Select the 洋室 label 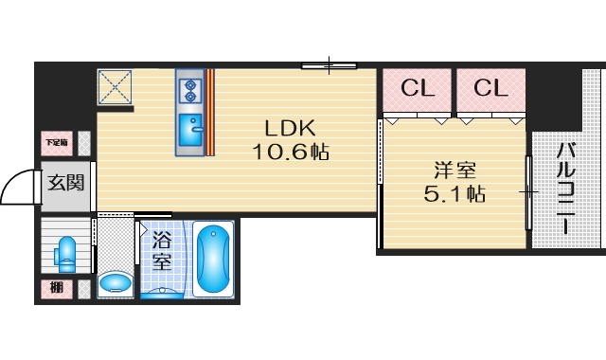[x=454, y=171]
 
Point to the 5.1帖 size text [x=454, y=194]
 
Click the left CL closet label [x=418, y=89]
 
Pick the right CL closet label [x=490, y=89]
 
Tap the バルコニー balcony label [x=565, y=189]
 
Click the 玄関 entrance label [x=65, y=180]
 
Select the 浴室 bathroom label [x=160, y=251]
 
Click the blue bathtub [x=215, y=258]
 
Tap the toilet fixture [x=66, y=252]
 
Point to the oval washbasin [x=116, y=282]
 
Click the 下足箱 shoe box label [x=56, y=143]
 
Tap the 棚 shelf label [x=55, y=288]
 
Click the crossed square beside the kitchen [x=115, y=88]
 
